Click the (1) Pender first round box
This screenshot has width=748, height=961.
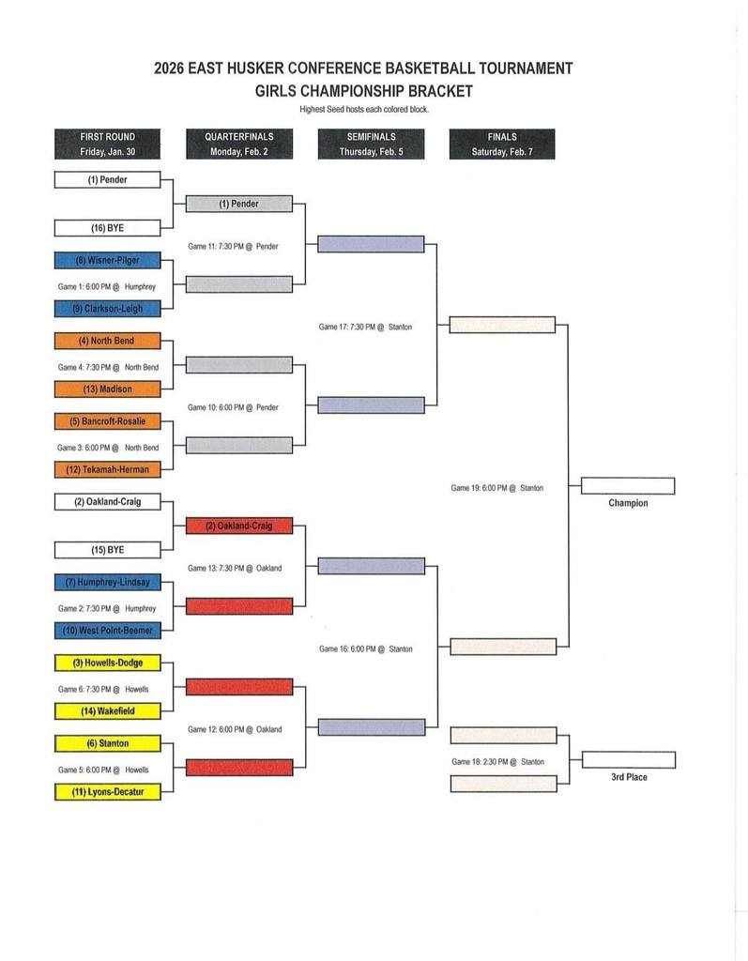107,180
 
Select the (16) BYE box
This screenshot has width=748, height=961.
107,228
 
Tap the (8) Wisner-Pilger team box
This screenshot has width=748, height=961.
107,260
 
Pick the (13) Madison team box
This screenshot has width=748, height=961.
107,389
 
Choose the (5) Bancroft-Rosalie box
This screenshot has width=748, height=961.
107,421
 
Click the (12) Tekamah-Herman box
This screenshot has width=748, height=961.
107,469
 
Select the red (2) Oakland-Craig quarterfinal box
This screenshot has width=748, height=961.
239,526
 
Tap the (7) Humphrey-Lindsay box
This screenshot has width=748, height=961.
107,582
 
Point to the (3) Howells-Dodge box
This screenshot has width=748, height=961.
107,663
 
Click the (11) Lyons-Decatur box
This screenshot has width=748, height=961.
107,792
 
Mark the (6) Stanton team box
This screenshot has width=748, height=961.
107,743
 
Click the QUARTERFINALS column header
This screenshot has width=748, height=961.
239,144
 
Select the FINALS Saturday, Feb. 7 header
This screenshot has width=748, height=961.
502,144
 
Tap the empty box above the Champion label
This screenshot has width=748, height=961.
628,486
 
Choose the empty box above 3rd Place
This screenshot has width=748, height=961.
628,760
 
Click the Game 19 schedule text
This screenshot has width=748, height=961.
496,488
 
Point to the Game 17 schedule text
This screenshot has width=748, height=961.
365,327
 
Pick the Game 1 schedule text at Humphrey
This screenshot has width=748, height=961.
106,286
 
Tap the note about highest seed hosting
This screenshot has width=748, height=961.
363,110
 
